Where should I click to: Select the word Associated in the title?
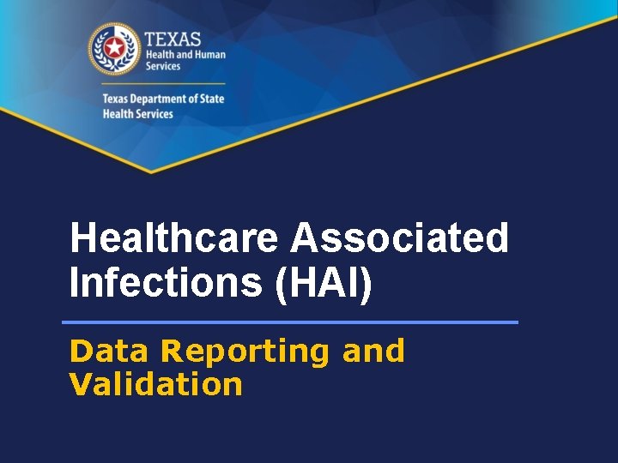point(400,238)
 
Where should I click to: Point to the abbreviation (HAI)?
point(324,284)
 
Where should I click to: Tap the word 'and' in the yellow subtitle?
point(373,351)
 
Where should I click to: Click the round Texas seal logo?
point(113,49)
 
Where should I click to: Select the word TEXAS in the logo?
point(173,39)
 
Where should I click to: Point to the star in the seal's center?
point(113,48)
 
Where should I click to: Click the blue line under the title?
point(290,322)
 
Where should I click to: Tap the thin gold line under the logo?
point(163,83)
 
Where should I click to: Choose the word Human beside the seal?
point(209,55)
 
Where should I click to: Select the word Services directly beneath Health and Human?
point(162,67)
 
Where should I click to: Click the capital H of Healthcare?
point(83,238)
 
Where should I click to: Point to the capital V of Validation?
point(79,383)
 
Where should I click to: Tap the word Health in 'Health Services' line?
point(117,114)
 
